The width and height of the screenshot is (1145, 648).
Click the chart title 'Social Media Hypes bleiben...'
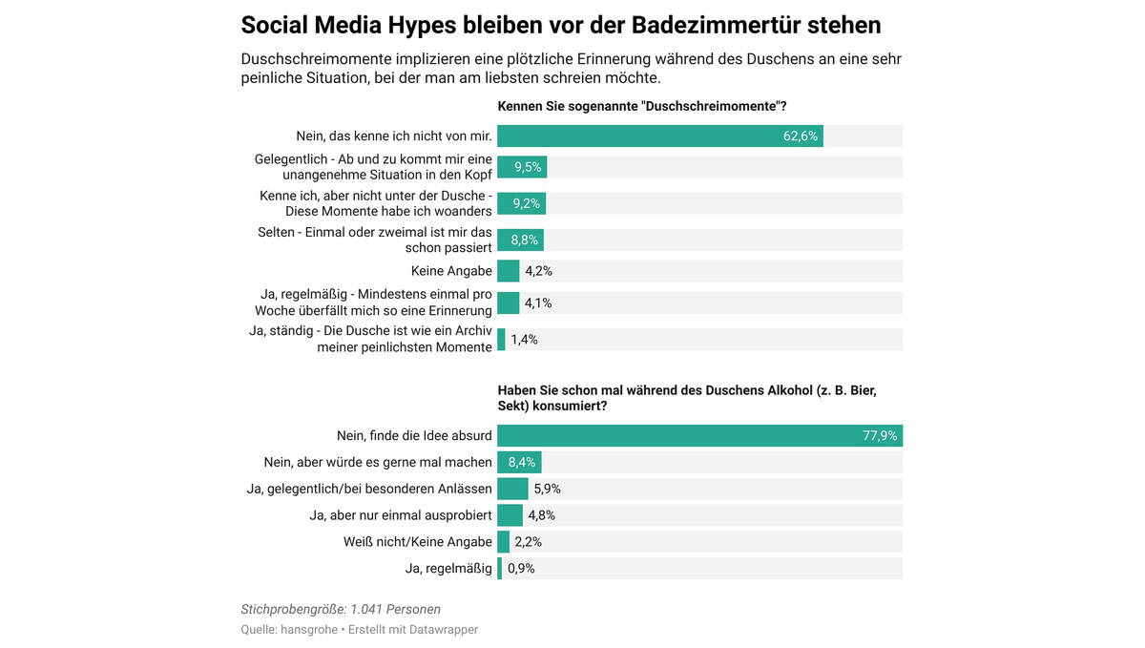(x=560, y=24)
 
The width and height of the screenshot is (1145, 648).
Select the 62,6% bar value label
(x=800, y=136)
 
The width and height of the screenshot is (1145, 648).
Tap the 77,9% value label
(x=879, y=436)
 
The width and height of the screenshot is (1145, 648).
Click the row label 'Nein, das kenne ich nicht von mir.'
(x=394, y=136)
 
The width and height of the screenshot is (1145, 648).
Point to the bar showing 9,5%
(x=522, y=168)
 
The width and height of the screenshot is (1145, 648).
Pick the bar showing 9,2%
(x=521, y=203)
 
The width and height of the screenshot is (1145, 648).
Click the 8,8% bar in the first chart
(x=520, y=240)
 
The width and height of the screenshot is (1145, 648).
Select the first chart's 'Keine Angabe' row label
(x=451, y=271)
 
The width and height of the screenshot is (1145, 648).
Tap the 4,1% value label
(x=538, y=303)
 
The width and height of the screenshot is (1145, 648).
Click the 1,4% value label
(x=524, y=340)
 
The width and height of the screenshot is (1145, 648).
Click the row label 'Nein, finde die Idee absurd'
(x=414, y=436)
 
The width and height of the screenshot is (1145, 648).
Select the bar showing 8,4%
(x=519, y=463)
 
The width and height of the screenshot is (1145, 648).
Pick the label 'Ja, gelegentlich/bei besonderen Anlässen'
(x=369, y=489)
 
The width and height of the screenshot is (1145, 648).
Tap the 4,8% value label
(x=541, y=515)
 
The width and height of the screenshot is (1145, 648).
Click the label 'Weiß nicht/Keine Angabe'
(x=417, y=542)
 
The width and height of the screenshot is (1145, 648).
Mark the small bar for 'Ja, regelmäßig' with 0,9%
(x=499, y=569)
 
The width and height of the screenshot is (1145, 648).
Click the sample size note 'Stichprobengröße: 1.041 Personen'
(x=340, y=609)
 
